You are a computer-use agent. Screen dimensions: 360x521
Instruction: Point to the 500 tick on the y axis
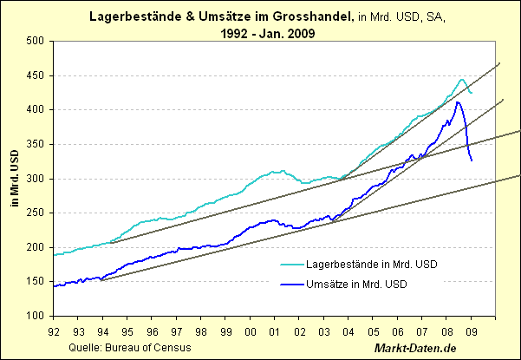click(36, 41)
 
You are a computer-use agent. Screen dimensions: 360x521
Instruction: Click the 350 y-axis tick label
click(36, 144)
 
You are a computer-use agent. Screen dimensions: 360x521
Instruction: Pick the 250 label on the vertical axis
click(36, 213)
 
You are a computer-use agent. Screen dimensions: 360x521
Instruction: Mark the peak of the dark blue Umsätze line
click(457, 102)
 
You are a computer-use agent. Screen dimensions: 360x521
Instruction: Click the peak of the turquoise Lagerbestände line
click(461, 79)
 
